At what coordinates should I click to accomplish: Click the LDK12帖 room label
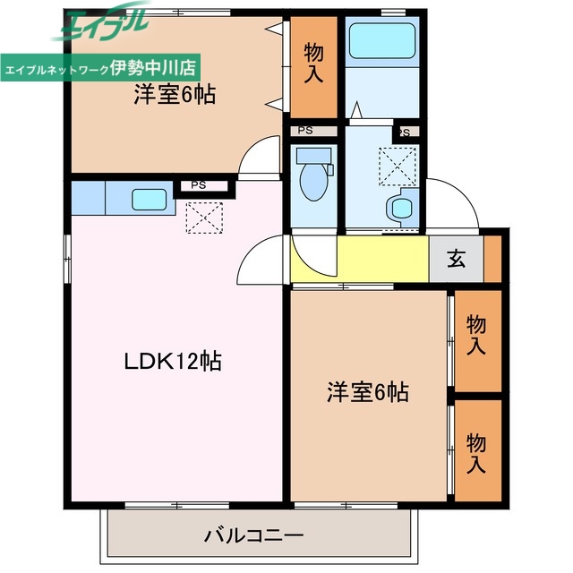coord(173,362)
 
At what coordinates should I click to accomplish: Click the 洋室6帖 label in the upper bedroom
coord(175,95)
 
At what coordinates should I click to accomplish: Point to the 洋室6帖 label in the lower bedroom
coord(367,391)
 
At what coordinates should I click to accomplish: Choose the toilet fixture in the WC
coord(312,175)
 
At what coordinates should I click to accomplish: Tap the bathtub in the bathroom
coord(381,40)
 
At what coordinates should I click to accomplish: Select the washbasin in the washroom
coord(399,209)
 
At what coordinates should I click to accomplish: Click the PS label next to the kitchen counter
coord(198,186)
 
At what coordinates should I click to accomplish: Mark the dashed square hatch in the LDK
coord(203,218)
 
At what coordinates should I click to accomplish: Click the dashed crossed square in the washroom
coord(397,165)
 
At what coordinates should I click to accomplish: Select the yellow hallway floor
coord(358,259)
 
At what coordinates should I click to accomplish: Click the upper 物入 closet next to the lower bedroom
coord(476,336)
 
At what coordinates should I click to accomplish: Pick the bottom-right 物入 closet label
coord(476,453)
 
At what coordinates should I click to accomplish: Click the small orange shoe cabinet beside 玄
coord(493,259)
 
